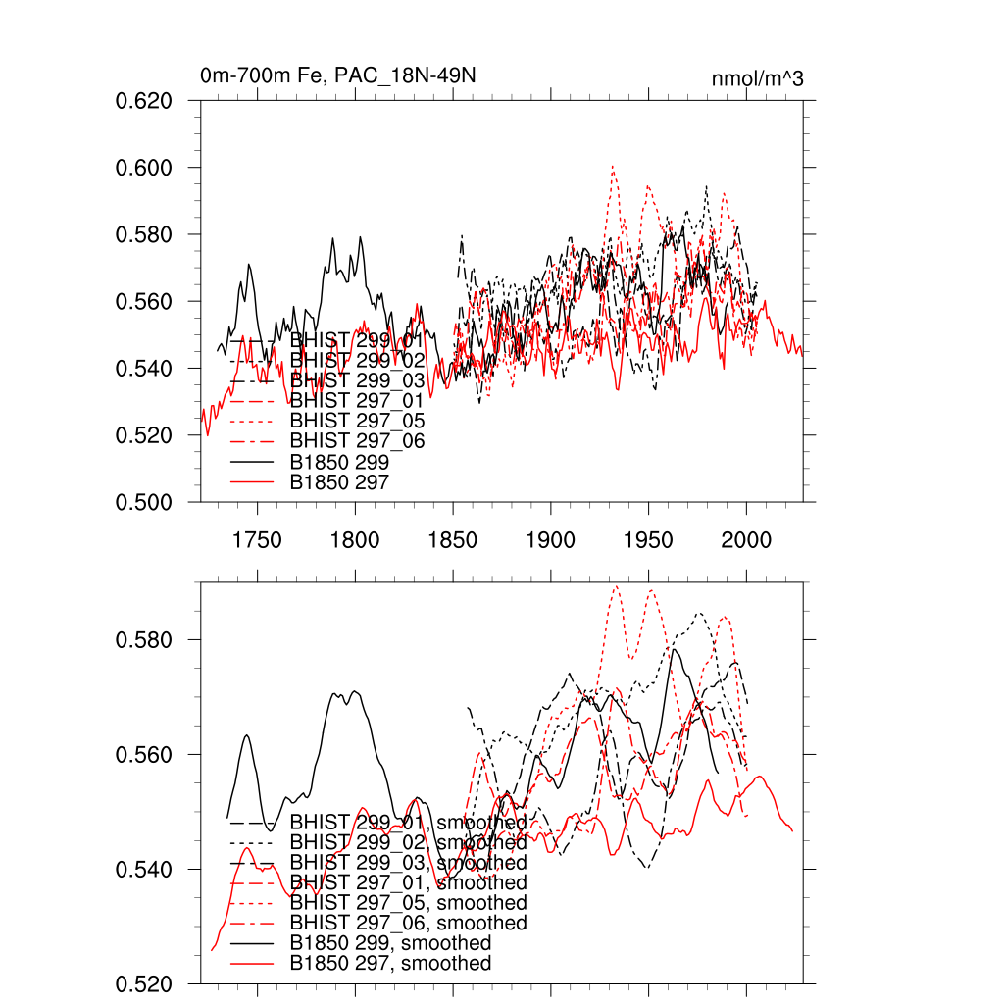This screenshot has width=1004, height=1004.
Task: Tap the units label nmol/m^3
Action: point(758,78)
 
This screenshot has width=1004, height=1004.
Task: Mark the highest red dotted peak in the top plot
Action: point(613,166)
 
